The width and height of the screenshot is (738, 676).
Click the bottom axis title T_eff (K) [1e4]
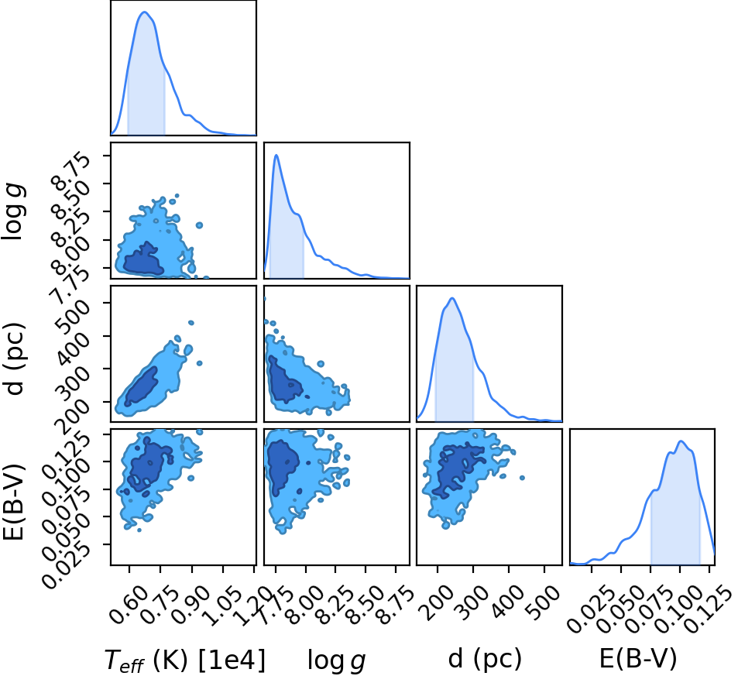pyautogui.click(x=185, y=660)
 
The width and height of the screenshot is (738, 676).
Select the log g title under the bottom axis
pyautogui.click(x=337, y=661)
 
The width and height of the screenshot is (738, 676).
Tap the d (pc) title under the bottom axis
pyautogui.click(x=486, y=659)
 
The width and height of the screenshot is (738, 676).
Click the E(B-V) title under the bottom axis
pyautogui.click(x=638, y=659)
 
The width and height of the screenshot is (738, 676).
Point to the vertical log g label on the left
pyautogui.click(x=13, y=212)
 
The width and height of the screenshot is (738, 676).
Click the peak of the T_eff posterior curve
pyautogui.click(x=145, y=12)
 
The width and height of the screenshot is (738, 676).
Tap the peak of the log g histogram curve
pyautogui.click(x=276, y=155)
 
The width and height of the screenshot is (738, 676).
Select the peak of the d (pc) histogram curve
pyautogui.click(x=451, y=298)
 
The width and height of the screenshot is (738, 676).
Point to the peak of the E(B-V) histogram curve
pyautogui.click(x=681, y=441)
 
